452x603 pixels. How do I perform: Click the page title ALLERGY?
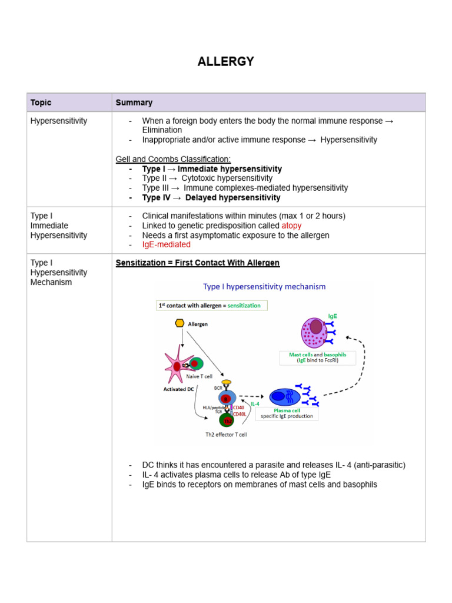[x=225, y=61]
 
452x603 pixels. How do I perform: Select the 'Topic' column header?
[x=41, y=102]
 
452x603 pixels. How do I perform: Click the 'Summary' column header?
[x=134, y=102]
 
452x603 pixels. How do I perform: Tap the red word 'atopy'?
[x=291, y=226]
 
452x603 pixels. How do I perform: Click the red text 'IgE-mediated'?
[x=166, y=244]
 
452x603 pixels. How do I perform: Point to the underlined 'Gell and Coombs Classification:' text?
[x=174, y=160]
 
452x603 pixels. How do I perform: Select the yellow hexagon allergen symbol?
[x=180, y=323]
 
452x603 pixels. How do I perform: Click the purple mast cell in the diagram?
[x=315, y=332]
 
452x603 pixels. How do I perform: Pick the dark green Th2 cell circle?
[x=227, y=420]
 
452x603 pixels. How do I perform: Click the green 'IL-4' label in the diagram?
[x=255, y=404]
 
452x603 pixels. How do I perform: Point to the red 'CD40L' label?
[x=240, y=414]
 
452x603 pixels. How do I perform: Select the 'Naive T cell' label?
[x=199, y=376]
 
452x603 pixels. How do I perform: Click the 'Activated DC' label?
[x=178, y=389]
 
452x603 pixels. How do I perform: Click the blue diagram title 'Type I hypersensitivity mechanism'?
[x=264, y=287]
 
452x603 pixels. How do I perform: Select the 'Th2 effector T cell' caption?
[x=226, y=435]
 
